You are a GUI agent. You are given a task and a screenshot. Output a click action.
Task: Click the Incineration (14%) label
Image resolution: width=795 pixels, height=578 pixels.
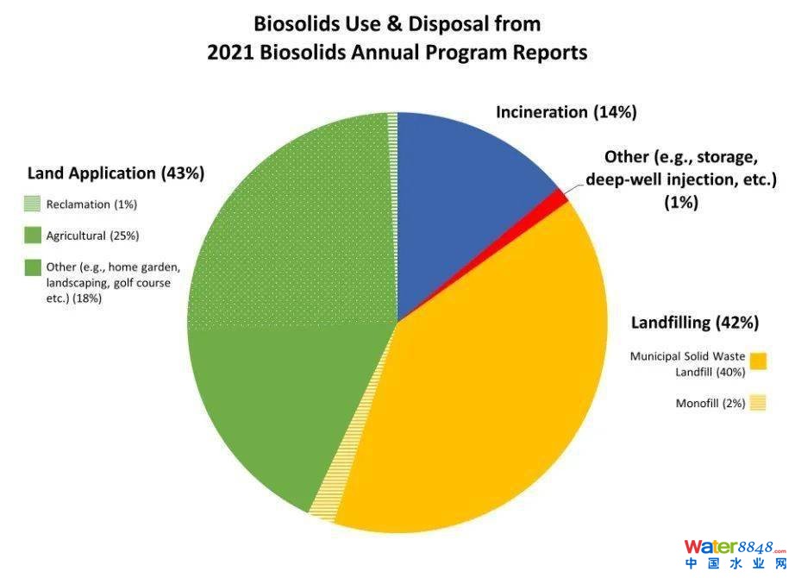tap(567, 112)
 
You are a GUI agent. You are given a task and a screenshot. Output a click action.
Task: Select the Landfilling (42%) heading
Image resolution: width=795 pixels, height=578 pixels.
tap(695, 323)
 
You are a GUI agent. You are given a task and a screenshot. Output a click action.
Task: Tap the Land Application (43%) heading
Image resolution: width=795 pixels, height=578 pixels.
tap(116, 173)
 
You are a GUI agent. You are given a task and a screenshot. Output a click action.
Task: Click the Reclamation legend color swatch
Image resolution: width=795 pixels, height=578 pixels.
tap(33, 204)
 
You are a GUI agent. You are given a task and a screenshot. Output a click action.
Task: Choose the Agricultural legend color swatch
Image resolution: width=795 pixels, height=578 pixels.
tap(33, 236)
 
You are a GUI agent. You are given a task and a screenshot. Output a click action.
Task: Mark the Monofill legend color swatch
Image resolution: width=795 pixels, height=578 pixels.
tap(758, 403)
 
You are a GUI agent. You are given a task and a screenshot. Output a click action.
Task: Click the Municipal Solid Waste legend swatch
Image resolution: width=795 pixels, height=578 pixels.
tap(758, 361)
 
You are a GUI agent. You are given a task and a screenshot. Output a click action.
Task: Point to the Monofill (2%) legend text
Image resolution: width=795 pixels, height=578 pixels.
tap(710, 404)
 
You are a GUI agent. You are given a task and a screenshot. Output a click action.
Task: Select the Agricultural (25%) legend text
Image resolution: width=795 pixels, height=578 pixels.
tap(92, 236)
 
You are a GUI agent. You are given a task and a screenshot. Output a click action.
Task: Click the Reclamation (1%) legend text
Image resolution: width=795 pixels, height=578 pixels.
tap(91, 204)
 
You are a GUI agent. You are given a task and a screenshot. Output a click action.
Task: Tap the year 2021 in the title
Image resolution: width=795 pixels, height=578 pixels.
tap(230, 53)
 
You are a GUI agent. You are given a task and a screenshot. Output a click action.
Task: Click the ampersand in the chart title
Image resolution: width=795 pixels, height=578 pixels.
tap(394, 24)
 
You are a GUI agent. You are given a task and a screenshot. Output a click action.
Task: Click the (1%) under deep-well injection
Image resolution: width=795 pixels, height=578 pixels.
tap(681, 203)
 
